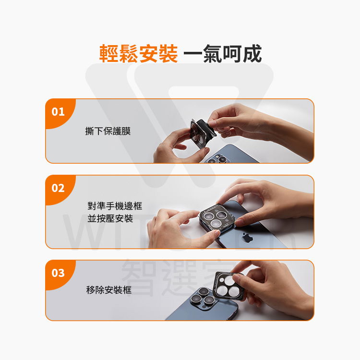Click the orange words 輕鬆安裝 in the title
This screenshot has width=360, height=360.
139,54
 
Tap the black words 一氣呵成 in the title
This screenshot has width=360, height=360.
223,54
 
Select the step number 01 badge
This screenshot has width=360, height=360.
58,112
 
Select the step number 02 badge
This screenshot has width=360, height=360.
58,188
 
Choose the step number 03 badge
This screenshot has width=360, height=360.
58,273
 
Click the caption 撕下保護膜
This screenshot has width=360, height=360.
108,131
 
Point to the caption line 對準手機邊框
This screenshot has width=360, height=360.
115,206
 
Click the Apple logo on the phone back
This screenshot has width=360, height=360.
247,237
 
